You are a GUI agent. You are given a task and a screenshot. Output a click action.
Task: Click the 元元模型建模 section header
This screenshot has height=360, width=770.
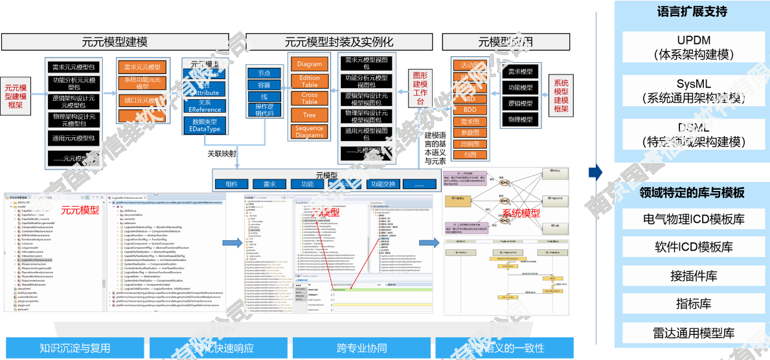tap(115, 43)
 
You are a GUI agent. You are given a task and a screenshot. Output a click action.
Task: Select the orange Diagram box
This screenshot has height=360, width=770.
tap(310, 64)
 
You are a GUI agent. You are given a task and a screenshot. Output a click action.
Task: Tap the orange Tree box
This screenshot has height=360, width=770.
tap(310, 115)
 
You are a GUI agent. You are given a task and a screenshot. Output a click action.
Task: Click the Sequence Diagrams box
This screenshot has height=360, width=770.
tap(310, 131)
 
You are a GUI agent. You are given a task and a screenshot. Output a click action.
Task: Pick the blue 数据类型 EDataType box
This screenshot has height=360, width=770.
tap(205, 125)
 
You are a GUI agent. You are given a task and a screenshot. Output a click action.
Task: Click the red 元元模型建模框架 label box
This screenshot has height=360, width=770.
tap(15, 96)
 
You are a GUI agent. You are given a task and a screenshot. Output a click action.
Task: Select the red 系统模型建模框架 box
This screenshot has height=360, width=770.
tap(561, 96)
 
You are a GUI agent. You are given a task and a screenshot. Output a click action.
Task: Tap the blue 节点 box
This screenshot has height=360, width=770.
tap(264, 73)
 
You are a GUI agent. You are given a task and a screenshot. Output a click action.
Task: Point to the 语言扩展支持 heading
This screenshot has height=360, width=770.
tap(692, 12)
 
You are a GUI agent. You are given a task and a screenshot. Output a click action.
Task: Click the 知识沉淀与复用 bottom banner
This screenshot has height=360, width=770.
tap(74, 348)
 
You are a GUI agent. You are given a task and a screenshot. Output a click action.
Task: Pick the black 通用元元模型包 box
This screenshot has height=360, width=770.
tap(73, 138)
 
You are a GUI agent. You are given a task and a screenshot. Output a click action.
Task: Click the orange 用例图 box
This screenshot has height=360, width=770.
tap(470, 144)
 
